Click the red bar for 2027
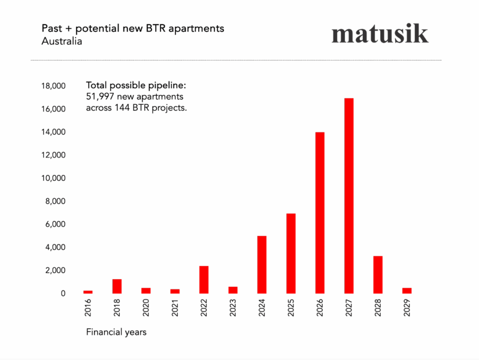coord(348,196)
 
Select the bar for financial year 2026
coord(320,213)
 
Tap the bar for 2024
coord(262,265)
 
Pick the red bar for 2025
coord(290,253)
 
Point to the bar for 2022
coord(204,280)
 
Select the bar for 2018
coord(117,286)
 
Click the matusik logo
coord(380,34)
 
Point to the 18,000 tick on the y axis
coord(53,86)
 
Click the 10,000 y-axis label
coord(53,179)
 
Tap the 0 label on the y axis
coord(62,294)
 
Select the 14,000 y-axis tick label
coord(53,132)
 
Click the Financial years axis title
coord(116,332)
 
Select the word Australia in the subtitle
coord(62,42)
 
